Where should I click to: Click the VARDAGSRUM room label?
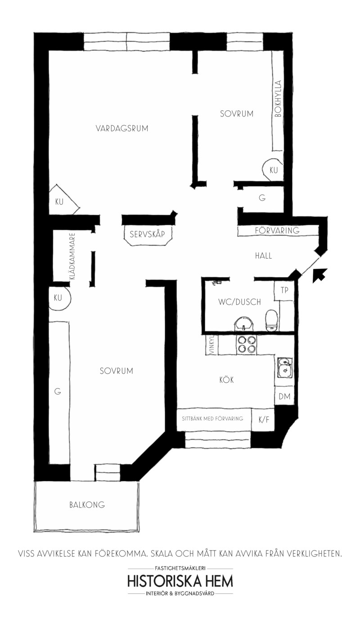122,129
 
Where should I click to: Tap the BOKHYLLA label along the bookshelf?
278,99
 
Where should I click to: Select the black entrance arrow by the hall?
320,275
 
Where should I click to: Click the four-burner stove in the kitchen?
247,345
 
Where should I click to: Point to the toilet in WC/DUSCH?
271,320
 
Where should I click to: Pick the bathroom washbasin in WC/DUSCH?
244,324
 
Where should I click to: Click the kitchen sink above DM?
284,367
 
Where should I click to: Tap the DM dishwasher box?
284,396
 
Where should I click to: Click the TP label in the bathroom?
284,290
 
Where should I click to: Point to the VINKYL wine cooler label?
211,345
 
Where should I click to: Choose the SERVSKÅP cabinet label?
147,234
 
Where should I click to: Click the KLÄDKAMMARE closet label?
72,256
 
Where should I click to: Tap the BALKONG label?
87,505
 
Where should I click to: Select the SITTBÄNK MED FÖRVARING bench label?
212,419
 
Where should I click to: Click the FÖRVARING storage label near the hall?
277,231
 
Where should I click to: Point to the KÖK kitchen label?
227,380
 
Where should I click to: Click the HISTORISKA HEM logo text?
180,582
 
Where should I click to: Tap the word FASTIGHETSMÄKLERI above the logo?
180,568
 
